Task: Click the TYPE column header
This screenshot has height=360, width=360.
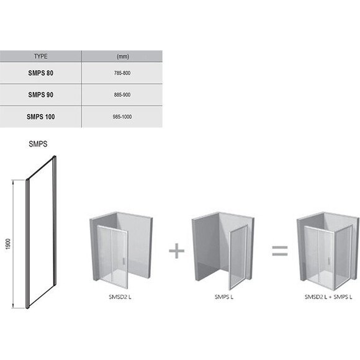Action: (x=40, y=56)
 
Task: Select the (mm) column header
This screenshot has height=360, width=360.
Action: (x=123, y=56)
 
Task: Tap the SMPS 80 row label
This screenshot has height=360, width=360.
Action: (x=40, y=73)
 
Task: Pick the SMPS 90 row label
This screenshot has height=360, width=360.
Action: (x=40, y=94)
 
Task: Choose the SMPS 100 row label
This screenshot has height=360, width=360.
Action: (x=40, y=117)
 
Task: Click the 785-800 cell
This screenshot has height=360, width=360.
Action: (x=122, y=73)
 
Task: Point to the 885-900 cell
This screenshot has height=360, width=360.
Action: (x=122, y=94)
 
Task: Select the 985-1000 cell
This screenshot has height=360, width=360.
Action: (x=122, y=117)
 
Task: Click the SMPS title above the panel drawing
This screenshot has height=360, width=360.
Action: (x=38, y=144)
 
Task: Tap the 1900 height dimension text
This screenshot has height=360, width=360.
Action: (x=8, y=244)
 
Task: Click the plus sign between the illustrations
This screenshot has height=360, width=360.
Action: (x=176, y=251)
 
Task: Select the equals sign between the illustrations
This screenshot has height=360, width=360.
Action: (x=280, y=251)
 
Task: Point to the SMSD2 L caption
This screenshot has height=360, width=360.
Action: (x=120, y=297)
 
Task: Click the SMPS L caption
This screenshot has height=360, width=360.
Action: (x=224, y=297)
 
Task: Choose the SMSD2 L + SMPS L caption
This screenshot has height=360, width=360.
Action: (x=328, y=297)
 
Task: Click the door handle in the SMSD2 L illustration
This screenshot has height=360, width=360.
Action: (x=124, y=261)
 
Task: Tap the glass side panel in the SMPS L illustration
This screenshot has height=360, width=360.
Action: (x=238, y=257)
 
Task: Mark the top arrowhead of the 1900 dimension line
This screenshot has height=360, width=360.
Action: (x=13, y=182)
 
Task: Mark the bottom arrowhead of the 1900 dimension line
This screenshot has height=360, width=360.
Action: (x=13, y=306)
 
